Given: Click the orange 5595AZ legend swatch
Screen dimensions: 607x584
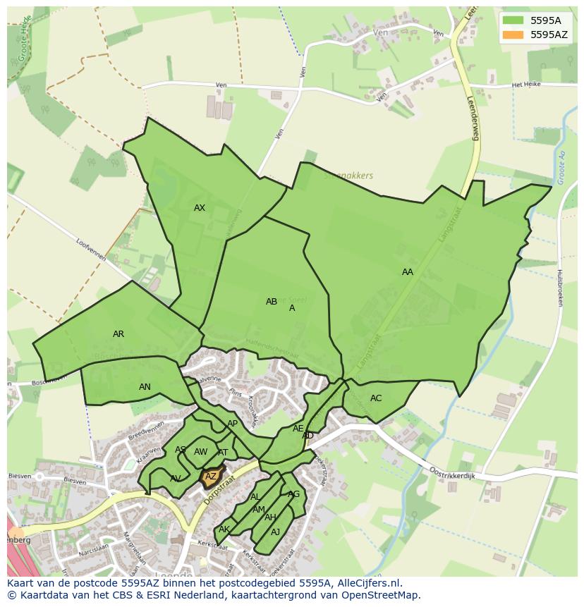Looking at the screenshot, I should pos(513,34).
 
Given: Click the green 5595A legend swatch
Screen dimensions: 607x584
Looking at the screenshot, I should pos(513,20).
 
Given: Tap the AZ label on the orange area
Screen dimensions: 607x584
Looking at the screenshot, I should pos(211,477).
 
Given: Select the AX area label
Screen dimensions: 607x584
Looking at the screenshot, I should pos(200,208).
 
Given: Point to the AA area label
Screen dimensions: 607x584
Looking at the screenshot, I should pos(408,272).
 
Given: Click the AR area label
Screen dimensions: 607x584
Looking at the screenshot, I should pos(118,334).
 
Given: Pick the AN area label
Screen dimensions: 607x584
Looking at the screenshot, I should pos(145,387).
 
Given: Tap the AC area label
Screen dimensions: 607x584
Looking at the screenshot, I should pos(376,398).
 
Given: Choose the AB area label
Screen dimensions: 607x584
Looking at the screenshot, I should pos(272,302).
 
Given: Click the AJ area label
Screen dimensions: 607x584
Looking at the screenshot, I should pos(276,532).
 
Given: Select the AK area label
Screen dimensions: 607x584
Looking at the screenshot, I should pos(224,529).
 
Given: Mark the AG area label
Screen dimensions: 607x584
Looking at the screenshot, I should pos(294,494).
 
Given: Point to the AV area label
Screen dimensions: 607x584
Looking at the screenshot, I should pos(176,479).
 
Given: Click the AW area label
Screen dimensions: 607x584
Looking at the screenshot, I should pos(201,452).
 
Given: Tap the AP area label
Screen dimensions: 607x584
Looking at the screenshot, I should pos(232,424).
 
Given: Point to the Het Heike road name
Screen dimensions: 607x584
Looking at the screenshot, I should pos(525,85).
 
